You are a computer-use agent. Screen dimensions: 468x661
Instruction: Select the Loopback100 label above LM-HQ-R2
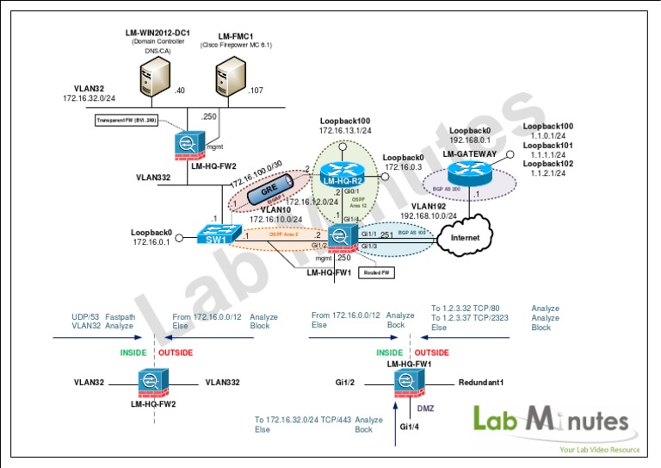pos(344,122)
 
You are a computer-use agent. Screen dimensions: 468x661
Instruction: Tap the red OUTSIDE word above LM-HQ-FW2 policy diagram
pos(176,353)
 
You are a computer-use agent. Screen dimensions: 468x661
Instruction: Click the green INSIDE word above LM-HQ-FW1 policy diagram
pos(389,353)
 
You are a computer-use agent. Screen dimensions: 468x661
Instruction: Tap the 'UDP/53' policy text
pos(85,317)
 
